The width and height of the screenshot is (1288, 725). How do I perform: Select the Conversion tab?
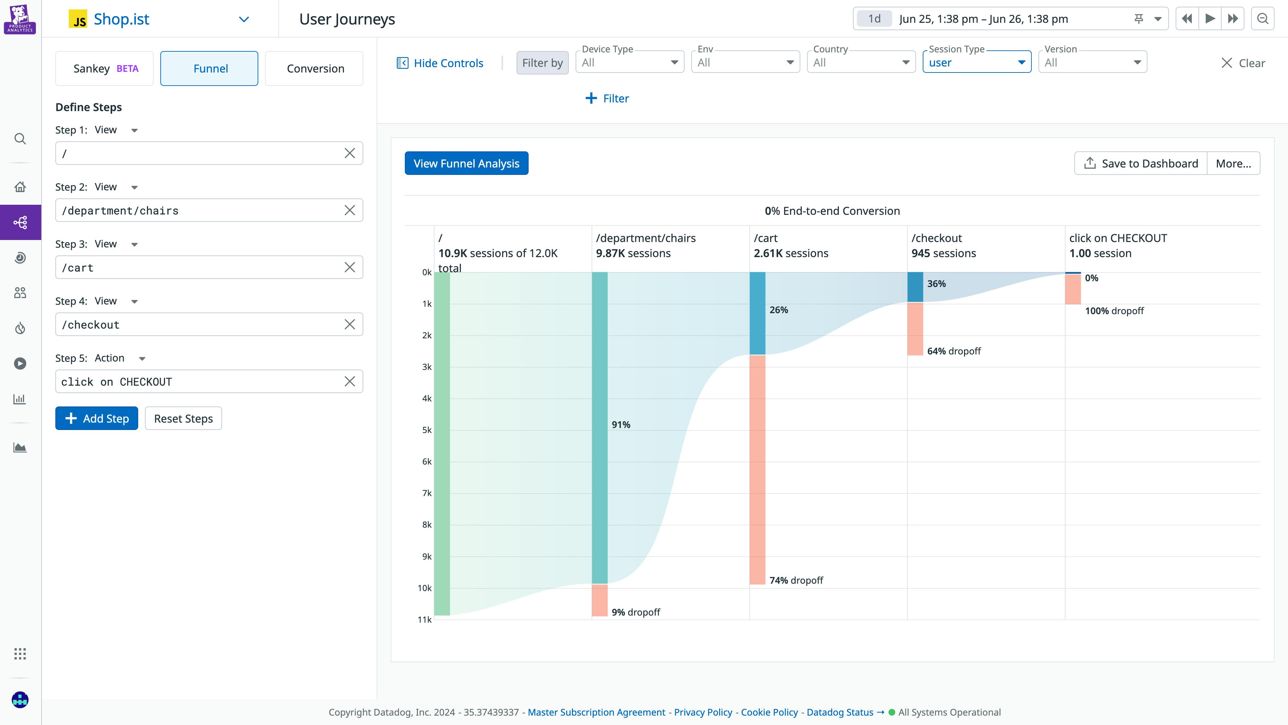315,68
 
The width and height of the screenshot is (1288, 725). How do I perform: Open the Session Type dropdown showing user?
976,62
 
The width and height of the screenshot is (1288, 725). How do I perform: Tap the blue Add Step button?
97,418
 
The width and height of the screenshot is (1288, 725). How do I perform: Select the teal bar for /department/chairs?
599,428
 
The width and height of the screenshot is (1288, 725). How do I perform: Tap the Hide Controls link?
440,63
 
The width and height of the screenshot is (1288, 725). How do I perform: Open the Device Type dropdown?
630,62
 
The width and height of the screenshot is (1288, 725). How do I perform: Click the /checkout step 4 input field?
200,325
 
